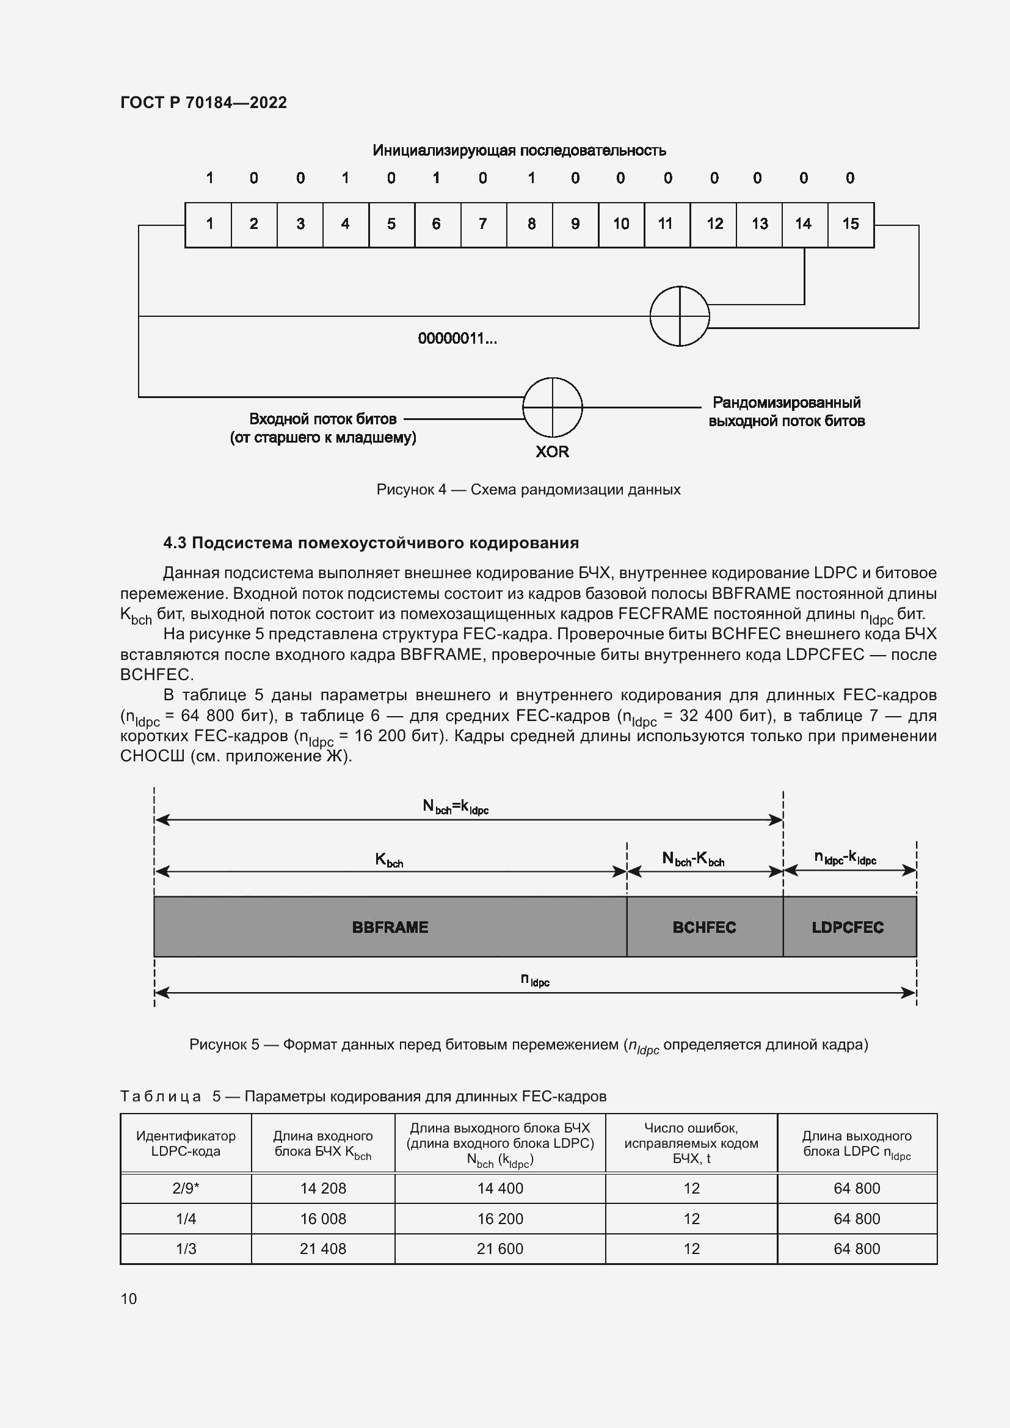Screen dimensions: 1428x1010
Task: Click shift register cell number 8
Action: click(x=531, y=225)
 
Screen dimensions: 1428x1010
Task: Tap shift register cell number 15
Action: click(x=850, y=225)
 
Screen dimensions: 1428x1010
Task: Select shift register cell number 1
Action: click(x=209, y=225)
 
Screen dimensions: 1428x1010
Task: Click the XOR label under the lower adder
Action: click(x=552, y=452)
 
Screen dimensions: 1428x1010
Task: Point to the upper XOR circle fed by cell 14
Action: click(x=679, y=316)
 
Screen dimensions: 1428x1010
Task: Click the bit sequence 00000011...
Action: click(x=457, y=339)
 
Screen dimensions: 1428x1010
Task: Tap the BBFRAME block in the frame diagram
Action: click(x=390, y=927)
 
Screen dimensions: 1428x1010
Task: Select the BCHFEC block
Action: click(x=704, y=927)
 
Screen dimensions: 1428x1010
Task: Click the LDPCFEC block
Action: click(x=848, y=927)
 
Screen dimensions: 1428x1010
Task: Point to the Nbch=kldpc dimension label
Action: click(x=456, y=806)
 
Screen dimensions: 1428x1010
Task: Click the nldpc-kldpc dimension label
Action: click(x=845, y=859)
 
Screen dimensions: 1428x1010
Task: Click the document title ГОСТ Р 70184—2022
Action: click(x=203, y=103)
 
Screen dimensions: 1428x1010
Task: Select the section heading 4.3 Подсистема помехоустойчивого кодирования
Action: click(x=371, y=543)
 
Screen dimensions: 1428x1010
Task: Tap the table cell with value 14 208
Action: click(x=323, y=1189)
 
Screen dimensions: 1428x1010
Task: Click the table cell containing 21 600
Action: click(x=500, y=1249)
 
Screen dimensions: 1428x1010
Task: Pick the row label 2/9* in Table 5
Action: click(x=186, y=1189)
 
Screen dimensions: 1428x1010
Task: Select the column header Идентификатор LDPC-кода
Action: click(x=186, y=1143)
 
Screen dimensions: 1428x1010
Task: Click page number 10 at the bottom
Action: click(x=129, y=1299)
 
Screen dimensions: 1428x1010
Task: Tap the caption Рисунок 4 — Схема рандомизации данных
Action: click(x=528, y=490)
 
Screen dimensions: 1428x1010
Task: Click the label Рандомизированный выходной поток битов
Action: click(x=786, y=411)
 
